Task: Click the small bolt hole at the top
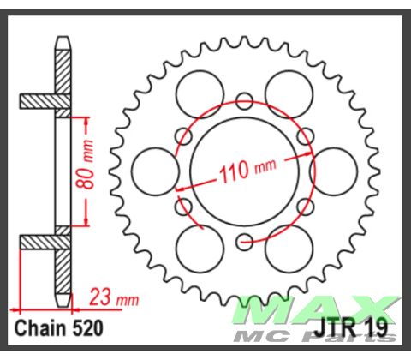tap(243, 98)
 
